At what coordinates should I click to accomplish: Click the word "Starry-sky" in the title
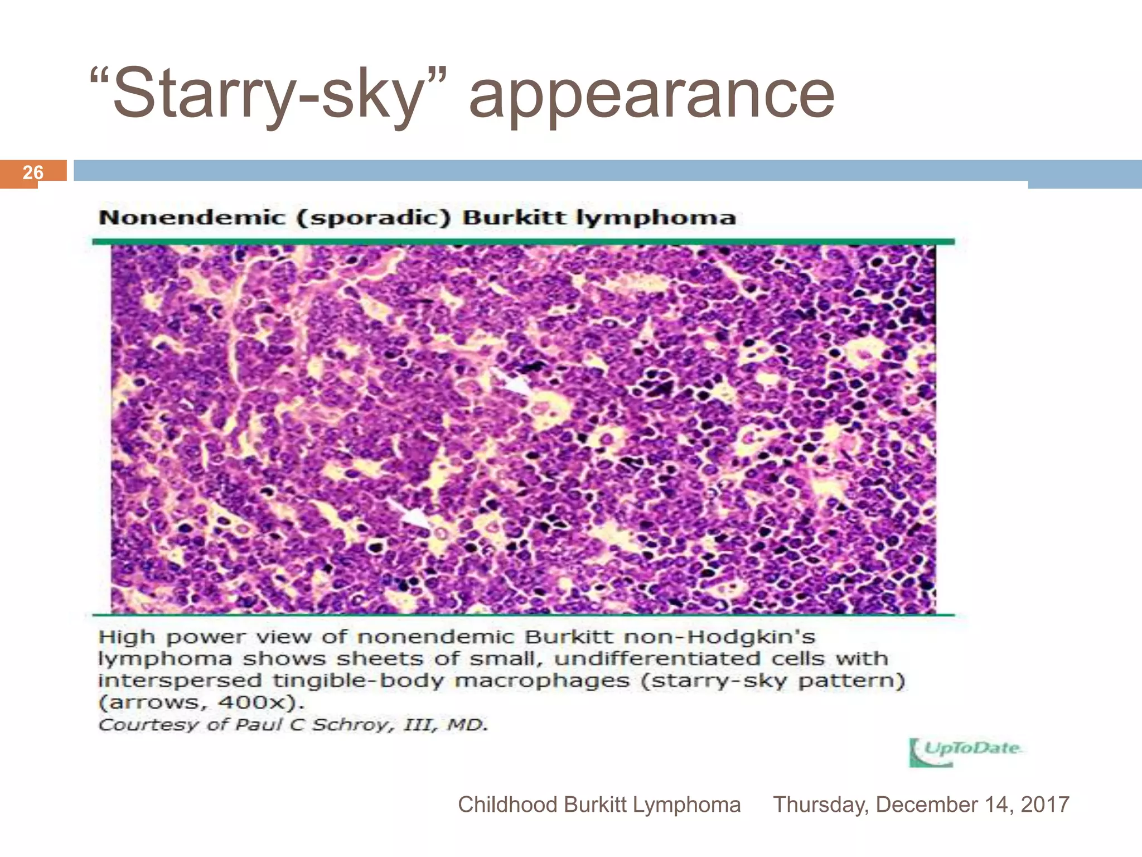[268, 94]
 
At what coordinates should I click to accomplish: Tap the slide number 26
[33, 172]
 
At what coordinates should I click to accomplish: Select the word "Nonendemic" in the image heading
[191, 218]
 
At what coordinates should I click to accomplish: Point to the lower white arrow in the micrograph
[410, 514]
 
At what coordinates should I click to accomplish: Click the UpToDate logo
[965, 752]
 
